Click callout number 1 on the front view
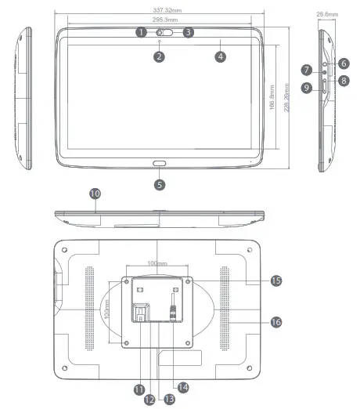pos(140,32)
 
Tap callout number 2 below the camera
pos(159,56)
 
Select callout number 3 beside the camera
pos(188,32)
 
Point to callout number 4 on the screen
pos(221,56)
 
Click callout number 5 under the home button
pos(160,185)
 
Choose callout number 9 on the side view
pos(308,88)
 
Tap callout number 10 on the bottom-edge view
pos(95,192)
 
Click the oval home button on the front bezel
pos(160,167)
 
